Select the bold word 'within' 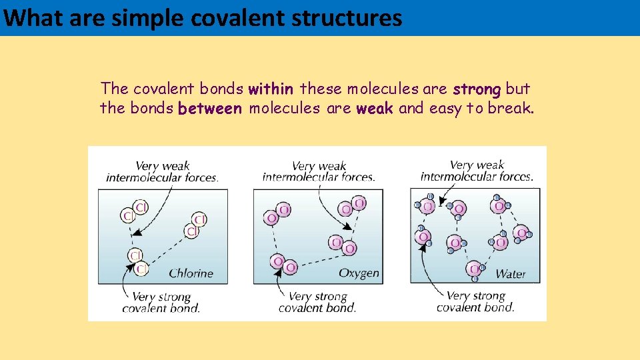[x=271, y=89]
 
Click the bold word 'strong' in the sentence [x=477, y=89]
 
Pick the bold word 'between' [x=210, y=109]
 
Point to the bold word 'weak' [x=375, y=109]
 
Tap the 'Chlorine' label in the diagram [x=191, y=273]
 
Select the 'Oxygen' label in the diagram [x=359, y=273]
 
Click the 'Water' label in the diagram [x=511, y=274]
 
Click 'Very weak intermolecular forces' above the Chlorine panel [x=162, y=172]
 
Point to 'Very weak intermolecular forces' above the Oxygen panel [x=319, y=172]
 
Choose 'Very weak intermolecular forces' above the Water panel [x=477, y=171]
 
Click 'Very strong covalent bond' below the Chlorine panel [x=161, y=303]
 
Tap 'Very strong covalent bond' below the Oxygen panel [x=317, y=302]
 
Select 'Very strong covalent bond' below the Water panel [x=475, y=301]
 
